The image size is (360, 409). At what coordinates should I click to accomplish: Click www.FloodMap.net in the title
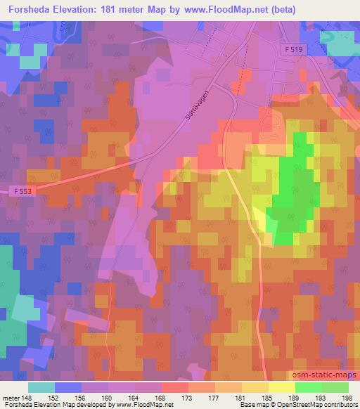pos(223,9)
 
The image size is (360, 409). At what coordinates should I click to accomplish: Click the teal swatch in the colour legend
pos(41,387)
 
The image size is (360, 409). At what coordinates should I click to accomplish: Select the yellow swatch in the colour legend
pos(281,387)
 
